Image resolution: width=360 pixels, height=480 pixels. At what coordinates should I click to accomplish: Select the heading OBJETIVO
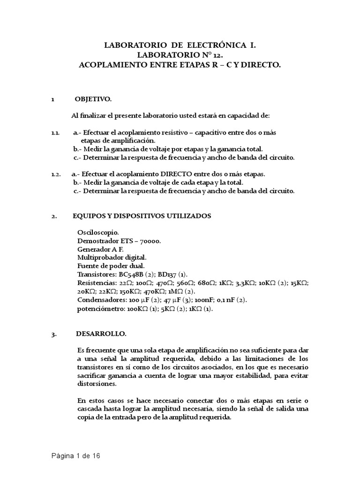[x=93, y=99]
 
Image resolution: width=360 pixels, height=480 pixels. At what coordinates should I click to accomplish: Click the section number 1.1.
[x=55, y=133]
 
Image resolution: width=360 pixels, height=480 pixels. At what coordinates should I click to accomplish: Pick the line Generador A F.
[x=100, y=249]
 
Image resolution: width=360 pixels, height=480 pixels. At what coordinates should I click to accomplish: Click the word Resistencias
[x=96, y=283]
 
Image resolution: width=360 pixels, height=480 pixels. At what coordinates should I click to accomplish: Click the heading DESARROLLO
[x=101, y=334]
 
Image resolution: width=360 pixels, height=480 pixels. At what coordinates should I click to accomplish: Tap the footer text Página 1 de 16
[x=76, y=455]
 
